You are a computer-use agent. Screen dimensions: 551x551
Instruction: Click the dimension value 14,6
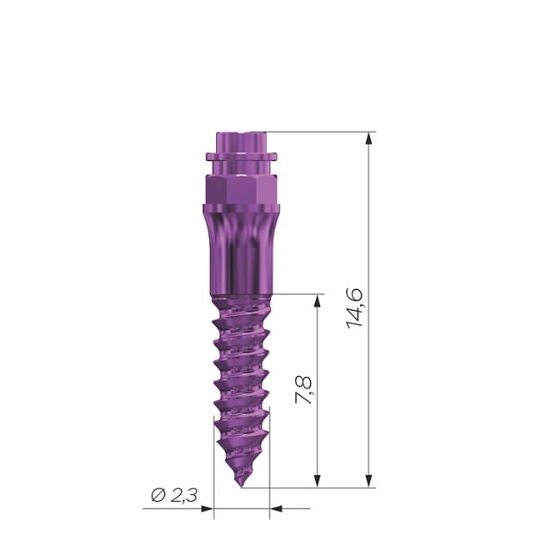355,308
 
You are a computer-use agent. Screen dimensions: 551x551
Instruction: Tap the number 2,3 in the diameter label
183,495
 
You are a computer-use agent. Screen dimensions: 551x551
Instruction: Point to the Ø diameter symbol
158,495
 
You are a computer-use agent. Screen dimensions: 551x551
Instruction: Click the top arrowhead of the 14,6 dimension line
369,139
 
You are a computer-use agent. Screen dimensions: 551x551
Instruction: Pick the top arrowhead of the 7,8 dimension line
319,301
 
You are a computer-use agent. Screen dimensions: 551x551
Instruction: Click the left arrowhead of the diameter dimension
207,508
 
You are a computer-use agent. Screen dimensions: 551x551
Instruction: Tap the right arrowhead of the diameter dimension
276,508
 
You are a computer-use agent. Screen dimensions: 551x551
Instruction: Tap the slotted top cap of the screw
241,140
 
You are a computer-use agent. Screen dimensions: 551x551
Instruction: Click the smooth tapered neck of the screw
241,250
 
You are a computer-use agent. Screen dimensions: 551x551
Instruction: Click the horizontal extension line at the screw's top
319,133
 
